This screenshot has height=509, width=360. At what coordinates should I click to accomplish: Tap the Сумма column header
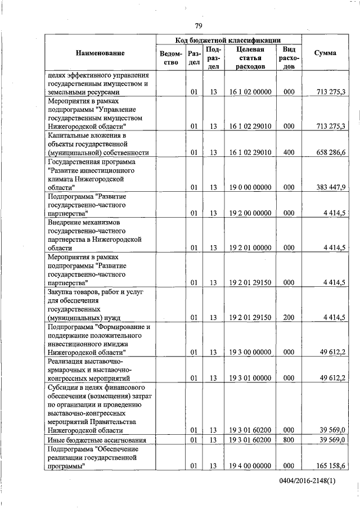click(x=325, y=53)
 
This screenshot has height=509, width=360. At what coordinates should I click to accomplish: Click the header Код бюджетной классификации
click(x=228, y=40)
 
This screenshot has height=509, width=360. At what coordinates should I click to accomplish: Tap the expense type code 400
click(x=289, y=152)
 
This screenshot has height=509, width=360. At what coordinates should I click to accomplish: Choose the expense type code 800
click(x=289, y=439)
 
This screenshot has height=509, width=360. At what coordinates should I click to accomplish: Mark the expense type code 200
click(x=289, y=318)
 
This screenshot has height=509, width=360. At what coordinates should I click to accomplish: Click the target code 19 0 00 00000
click(x=251, y=187)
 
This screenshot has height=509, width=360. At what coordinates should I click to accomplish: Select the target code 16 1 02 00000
click(x=251, y=92)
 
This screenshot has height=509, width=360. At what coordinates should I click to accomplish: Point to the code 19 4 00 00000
click(x=251, y=466)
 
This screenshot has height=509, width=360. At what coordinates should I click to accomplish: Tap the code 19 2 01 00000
click(x=251, y=247)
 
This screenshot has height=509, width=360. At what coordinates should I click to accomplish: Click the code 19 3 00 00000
click(x=251, y=352)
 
